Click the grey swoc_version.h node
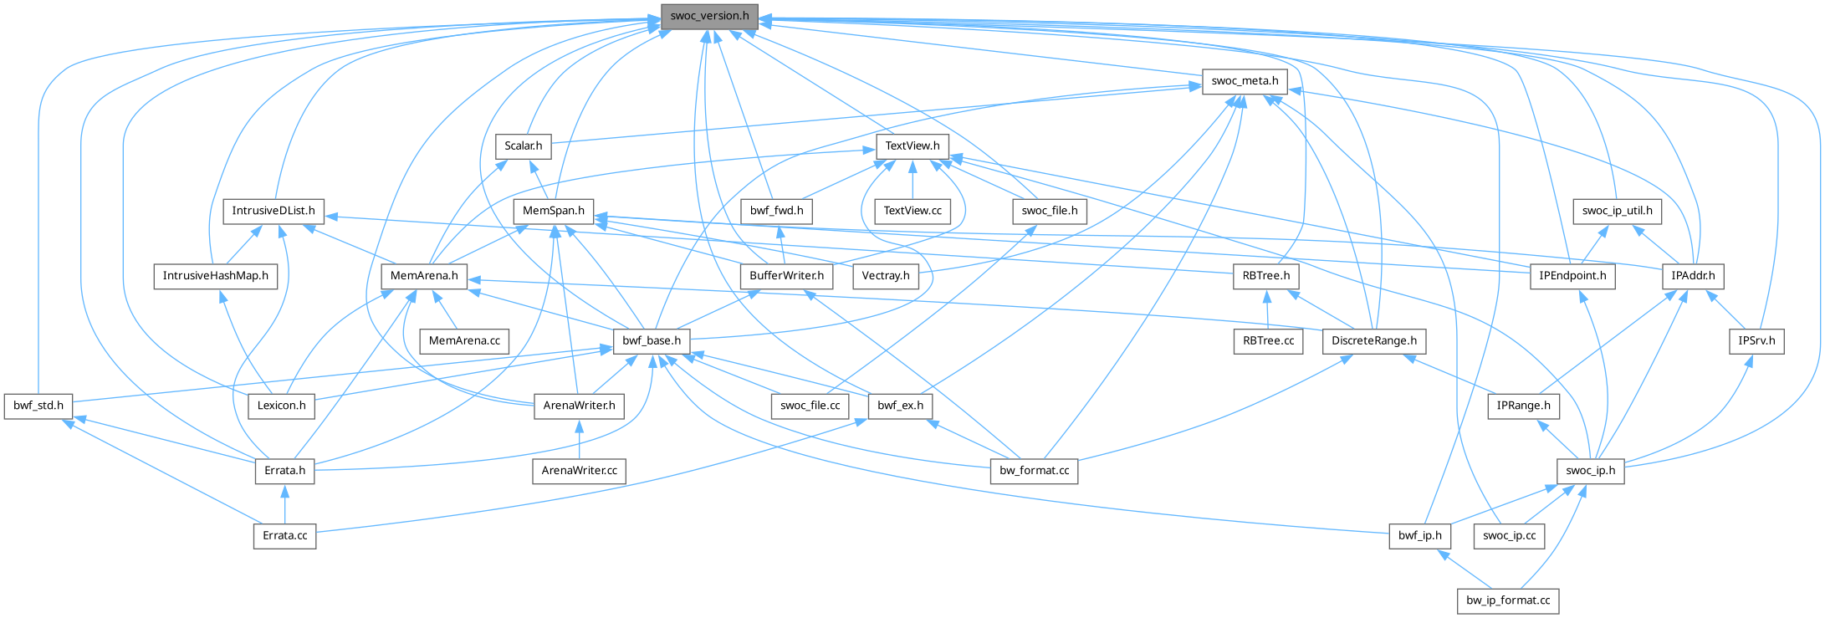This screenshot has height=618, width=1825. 709,16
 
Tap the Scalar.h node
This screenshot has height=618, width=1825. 524,146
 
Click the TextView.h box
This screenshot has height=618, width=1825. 912,146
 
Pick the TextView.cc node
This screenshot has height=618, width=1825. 912,211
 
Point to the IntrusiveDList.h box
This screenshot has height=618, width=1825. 273,211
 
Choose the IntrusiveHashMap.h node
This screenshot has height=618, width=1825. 215,276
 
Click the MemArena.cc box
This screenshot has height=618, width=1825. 464,341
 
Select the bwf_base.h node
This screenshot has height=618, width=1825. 652,341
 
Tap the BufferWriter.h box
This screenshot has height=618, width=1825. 786,276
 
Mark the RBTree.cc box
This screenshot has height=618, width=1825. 1268,341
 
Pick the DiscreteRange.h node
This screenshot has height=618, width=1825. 1374,341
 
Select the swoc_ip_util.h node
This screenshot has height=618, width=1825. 1617,211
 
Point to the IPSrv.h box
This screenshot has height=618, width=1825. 1756,341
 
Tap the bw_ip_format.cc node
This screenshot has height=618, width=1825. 1508,600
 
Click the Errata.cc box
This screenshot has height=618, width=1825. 285,535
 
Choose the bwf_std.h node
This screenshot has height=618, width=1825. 38,406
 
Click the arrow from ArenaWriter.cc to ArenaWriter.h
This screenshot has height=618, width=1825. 580,439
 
